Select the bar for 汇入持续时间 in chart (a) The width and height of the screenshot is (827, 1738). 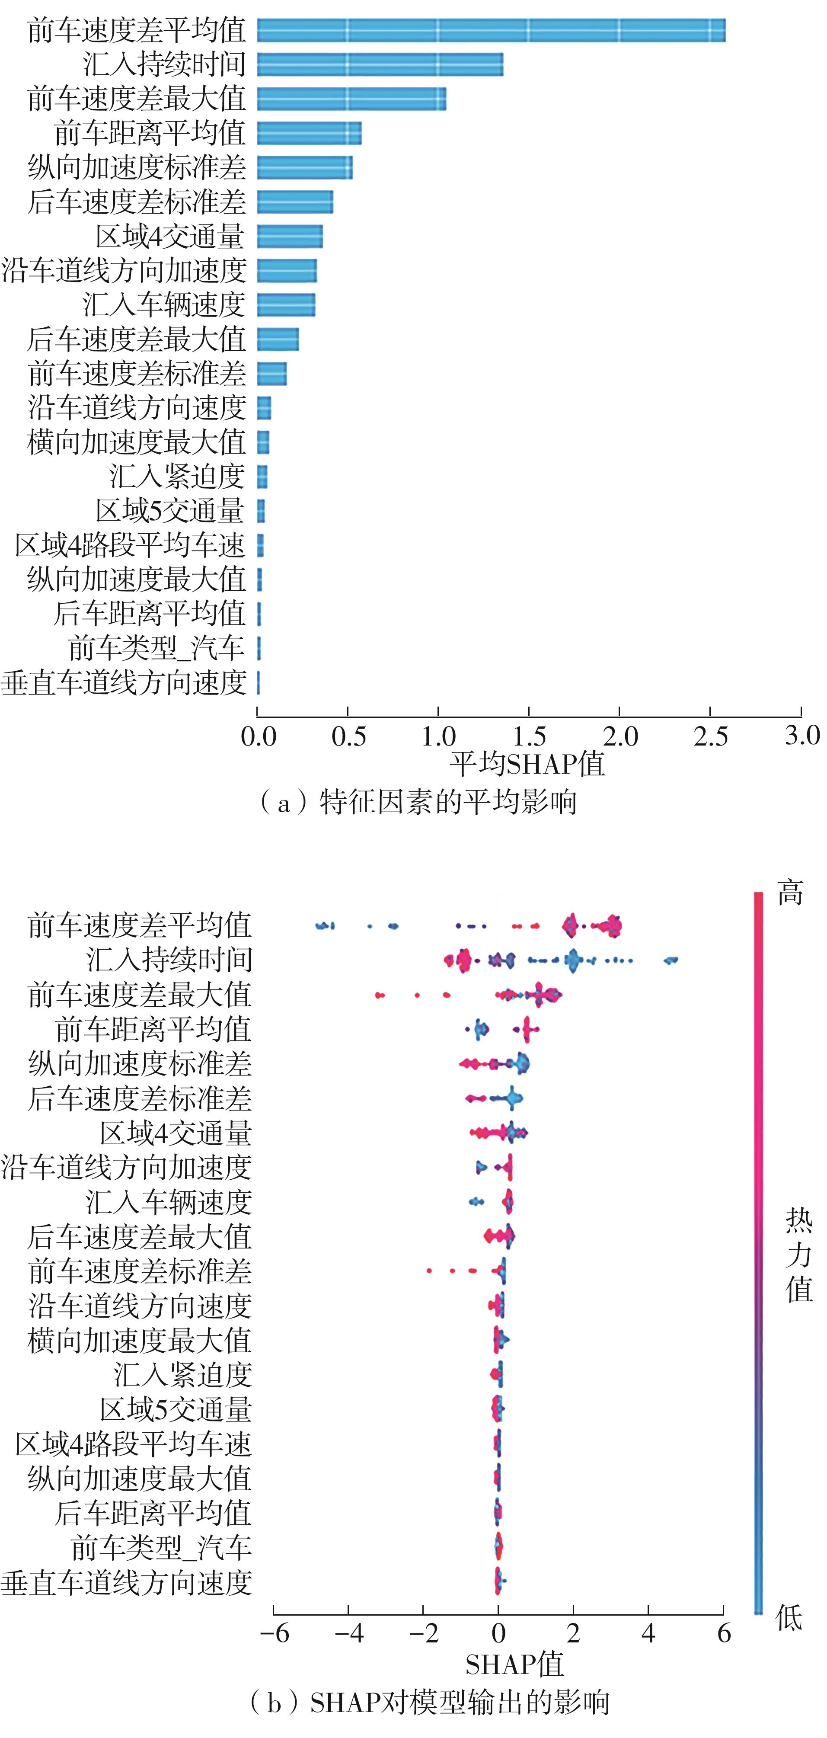click(x=380, y=65)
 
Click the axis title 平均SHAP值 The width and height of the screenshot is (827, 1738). click(x=527, y=765)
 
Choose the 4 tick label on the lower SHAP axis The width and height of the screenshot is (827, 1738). click(x=648, y=1633)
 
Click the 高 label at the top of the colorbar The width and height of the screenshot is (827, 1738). click(x=790, y=893)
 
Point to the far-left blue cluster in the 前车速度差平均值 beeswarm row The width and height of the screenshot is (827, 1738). click(x=325, y=926)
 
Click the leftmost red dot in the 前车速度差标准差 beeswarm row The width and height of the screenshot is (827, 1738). click(x=429, y=1271)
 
